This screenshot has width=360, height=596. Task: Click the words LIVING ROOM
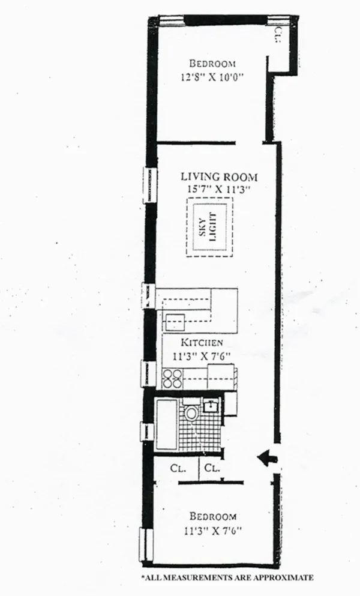[219, 177]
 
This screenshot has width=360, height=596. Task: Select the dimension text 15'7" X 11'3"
[219, 190]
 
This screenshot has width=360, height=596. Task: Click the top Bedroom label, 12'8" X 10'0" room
[212, 64]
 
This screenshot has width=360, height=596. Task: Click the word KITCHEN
[203, 342]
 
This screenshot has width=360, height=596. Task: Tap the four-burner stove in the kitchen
[172, 379]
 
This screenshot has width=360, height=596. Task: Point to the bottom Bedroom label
[212, 516]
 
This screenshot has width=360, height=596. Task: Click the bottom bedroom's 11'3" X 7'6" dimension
[214, 529]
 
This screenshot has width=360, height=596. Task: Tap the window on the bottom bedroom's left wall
[144, 543]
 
